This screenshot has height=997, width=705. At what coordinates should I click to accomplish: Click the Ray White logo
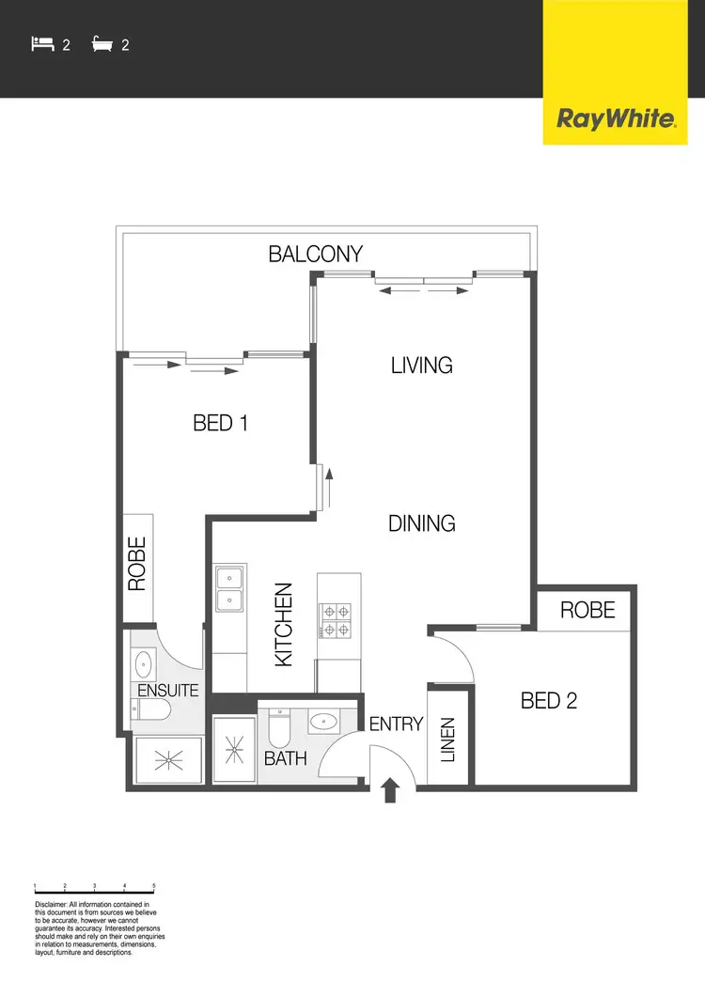(x=616, y=119)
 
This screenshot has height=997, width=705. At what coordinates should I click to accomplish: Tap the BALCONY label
(x=315, y=254)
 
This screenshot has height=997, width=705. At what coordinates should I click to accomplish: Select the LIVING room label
(x=422, y=365)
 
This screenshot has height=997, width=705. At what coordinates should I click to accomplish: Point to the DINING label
(x=422, y=523)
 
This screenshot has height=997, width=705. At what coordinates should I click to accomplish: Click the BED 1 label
(x=220, y=424)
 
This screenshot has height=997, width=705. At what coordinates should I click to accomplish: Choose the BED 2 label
(x=549, y=700)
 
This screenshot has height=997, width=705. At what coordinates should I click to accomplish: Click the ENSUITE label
(x=168, y=691)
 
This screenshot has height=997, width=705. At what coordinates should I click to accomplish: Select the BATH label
(x=285, y=757)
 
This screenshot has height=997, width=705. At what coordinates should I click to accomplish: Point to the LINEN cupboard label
(x=447, y=740)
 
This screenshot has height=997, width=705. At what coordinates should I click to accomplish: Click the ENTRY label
(x=396, y=724)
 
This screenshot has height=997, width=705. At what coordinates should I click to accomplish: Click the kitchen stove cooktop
(x=337, y=620)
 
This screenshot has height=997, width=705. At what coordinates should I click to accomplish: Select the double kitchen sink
(x=229, y=588)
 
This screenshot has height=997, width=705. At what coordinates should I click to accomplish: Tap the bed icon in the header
(x=41, y=43)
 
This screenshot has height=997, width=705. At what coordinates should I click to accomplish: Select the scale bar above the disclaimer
(x=94, y=888)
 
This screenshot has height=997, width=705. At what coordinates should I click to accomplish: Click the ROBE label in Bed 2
(x=587, y=610)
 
